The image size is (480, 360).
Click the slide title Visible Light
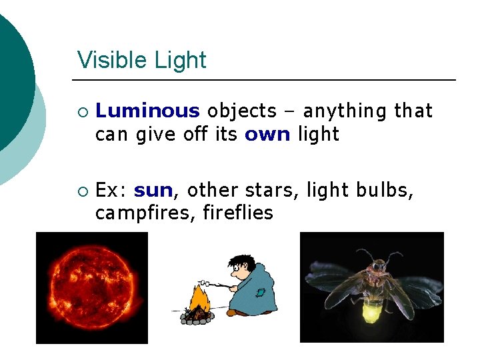(x=141, y=60)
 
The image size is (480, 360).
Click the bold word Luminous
(x=147, y=111)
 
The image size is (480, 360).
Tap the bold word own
(x=267, y=134)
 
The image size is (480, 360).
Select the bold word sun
(x=153, y=191)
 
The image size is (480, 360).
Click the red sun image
(x=91, y=287)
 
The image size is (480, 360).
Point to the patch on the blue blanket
(x=262, y=291)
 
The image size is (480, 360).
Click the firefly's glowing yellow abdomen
(x=374, y=309)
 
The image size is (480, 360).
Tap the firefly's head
(x=378, y=266)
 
